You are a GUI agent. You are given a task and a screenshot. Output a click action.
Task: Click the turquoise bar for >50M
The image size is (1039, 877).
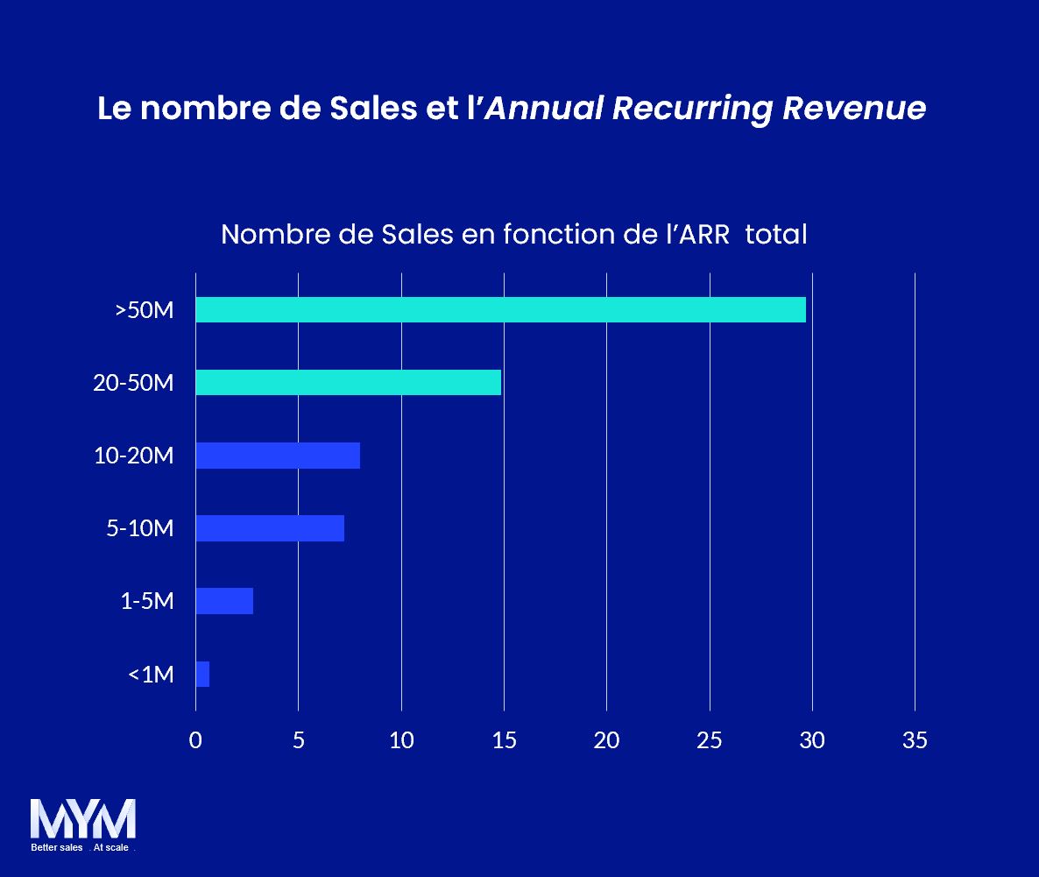[500, 310]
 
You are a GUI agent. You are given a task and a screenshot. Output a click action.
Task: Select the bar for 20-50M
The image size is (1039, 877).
[348, 383]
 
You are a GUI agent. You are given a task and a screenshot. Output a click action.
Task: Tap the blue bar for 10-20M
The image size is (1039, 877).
[278, 456]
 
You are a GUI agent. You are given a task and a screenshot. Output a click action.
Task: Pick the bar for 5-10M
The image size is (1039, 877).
[270, 528]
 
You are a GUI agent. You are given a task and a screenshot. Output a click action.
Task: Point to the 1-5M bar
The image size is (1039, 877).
[224, 601]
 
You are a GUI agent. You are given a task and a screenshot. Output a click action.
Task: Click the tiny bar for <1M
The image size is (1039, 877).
[202, 674]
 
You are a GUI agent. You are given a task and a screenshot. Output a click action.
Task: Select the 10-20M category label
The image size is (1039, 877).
[134, 456]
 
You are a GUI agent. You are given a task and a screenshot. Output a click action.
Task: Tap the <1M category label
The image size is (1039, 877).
[151, 675]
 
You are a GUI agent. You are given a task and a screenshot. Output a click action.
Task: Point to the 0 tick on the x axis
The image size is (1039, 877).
[195, 740]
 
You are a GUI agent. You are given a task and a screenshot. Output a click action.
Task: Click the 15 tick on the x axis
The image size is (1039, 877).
[504, 740]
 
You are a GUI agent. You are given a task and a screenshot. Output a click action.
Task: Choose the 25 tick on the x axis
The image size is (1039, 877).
[710, 740]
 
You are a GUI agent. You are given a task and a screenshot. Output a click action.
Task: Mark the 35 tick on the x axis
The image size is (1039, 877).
[915, 740]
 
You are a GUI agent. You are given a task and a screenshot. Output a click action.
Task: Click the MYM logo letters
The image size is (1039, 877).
[83, 819]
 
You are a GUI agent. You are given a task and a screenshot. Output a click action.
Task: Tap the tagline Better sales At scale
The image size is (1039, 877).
[83, 849]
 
